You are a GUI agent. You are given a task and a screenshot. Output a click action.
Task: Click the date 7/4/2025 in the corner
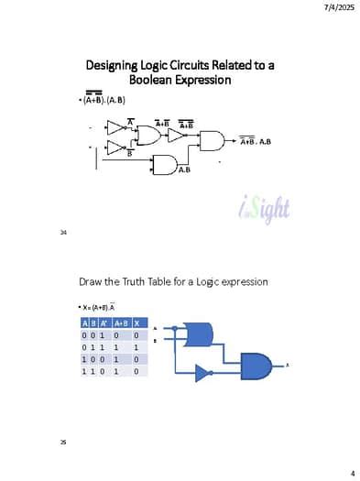click(x=339, y=7)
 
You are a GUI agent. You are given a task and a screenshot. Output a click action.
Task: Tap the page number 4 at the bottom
click(x=353, y=472)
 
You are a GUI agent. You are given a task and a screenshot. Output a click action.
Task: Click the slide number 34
click(x=63, y=233)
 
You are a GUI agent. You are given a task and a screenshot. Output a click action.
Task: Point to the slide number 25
click(x=63, y=443)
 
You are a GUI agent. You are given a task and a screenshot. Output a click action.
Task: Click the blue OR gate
click(x=198, y=334)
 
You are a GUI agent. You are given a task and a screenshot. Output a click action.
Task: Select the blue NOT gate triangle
click(x=202, y=372)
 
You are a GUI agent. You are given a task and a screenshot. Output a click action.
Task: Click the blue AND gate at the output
click(x=256, y=364)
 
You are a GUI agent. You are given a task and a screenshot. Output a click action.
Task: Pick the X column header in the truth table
click(x=136, y=323)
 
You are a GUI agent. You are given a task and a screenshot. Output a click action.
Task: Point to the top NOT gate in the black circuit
click(x=116, y=127)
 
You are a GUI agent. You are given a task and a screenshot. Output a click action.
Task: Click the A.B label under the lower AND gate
click(x=184, y=169)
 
